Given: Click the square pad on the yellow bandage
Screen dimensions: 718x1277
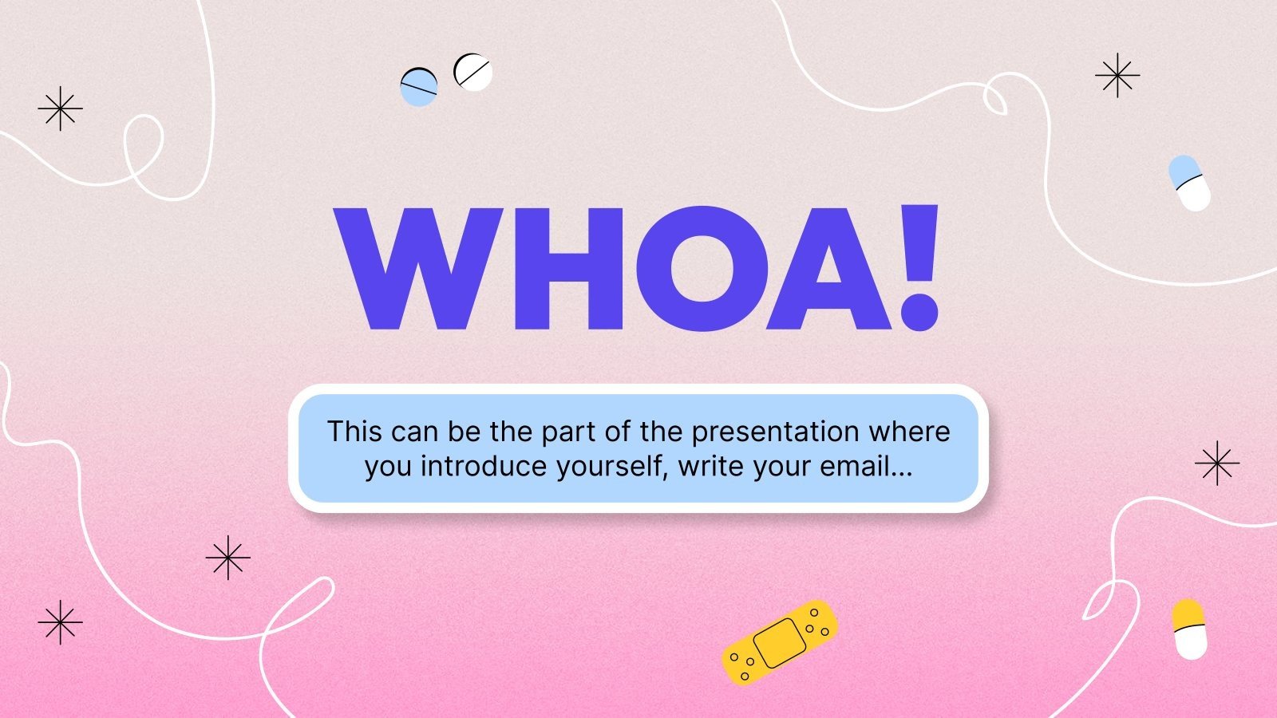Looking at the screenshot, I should coord(780,643).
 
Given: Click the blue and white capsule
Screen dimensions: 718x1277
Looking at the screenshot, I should coord(1189,183).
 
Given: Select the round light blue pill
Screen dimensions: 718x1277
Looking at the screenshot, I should coord(419,87).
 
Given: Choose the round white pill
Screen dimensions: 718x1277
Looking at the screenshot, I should coord(472,72).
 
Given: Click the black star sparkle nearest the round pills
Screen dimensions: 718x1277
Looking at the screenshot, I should coord(61,108).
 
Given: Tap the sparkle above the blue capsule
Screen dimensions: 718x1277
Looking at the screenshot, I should coord(1117,76).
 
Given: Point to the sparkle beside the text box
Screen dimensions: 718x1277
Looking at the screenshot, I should coord(1216,463).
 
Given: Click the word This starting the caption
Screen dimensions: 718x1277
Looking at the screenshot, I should coord(354,432).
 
